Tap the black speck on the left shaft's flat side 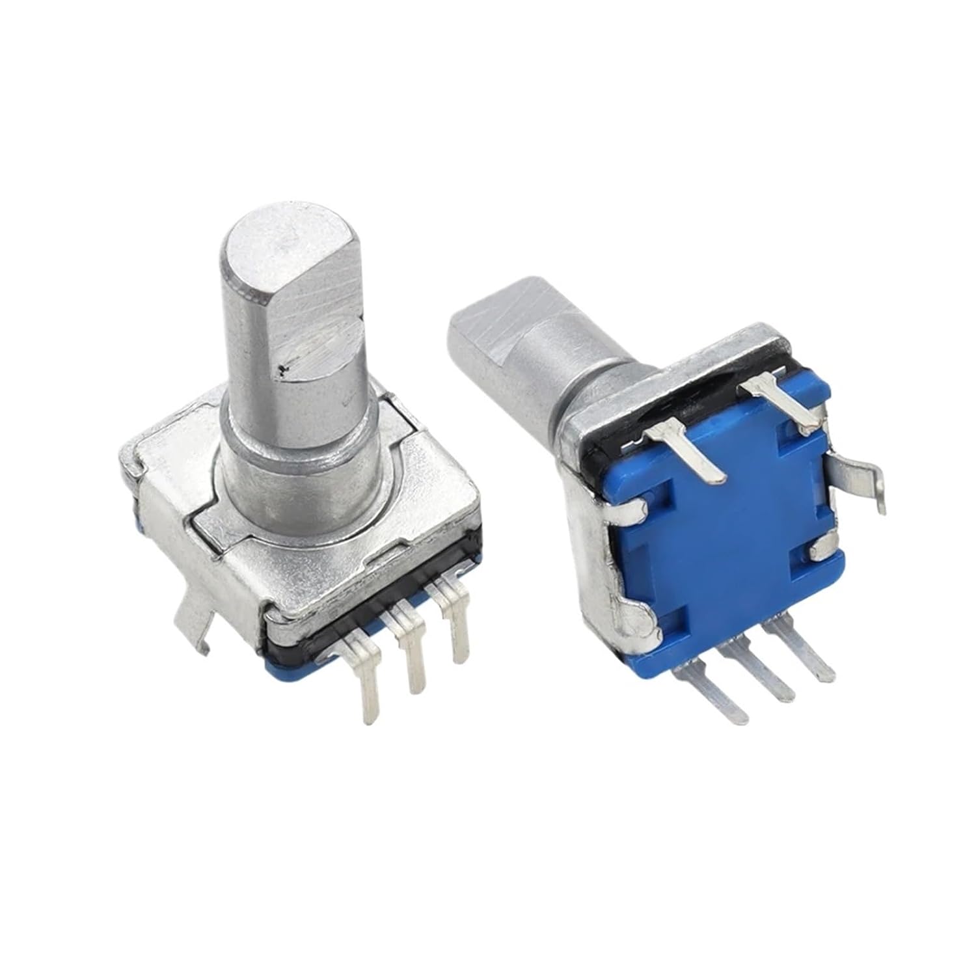281,372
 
